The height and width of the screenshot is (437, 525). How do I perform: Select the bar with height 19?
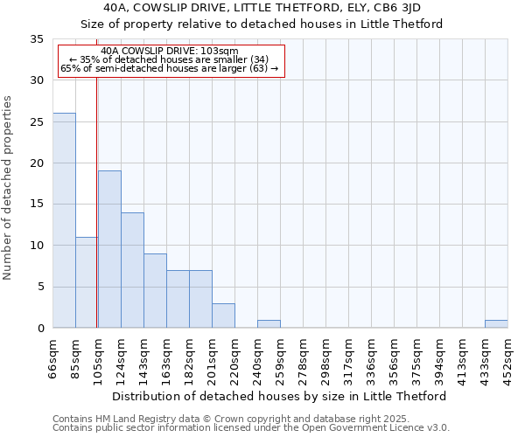[x=109, y=249]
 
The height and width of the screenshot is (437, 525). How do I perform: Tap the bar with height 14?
[x=132, y=270]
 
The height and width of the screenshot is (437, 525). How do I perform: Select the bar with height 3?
[x=223, y=316]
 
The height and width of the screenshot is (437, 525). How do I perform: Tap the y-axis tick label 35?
[x=37, y=39]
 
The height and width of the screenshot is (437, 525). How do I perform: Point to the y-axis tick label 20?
[x=37, y=163]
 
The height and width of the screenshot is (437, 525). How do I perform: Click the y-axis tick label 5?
[x=40, y=287]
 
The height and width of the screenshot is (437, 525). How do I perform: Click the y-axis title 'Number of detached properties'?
[x=8, y=188]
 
